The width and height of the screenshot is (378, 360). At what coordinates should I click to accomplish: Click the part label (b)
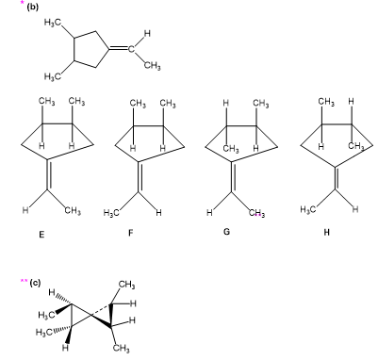click(x=32, y=7)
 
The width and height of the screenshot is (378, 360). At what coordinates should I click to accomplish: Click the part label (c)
click(x=35, y=283)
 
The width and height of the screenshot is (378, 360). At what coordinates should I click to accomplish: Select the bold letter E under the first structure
click(x=41, y=234)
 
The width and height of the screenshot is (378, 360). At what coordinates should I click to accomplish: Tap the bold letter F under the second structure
click(x=131, y=233)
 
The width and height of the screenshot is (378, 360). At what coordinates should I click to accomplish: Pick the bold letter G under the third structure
click(x=226, y=232)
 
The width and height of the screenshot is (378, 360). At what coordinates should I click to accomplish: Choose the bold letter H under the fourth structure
click(x=326, y=233)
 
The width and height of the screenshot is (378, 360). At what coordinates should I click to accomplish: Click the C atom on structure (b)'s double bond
click(x=131, y=49)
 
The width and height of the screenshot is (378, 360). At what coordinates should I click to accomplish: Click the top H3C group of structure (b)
click(x=52, y=22)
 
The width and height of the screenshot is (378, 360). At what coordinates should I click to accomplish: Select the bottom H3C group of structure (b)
click(x=52, y=76)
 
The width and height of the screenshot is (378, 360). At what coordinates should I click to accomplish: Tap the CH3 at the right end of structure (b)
click(x=153, y=66)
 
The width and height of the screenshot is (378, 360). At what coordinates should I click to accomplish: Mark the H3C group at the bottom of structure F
click(x=111, y=213)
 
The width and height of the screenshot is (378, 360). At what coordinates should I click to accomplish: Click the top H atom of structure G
click(x=225, y=104)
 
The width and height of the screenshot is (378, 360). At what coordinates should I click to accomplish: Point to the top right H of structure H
click(x=352, y=102)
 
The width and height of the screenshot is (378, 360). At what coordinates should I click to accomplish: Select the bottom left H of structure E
click(x=25, y=211)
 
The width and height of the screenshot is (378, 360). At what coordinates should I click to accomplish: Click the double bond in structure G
click(x=233, y=176)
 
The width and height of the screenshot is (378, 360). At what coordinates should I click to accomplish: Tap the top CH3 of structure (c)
click(x=127, y=285)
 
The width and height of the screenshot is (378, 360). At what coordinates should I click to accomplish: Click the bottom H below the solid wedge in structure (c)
click(x=66, y=348)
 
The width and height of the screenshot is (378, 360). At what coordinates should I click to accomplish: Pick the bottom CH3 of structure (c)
click(x=121, y=348)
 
